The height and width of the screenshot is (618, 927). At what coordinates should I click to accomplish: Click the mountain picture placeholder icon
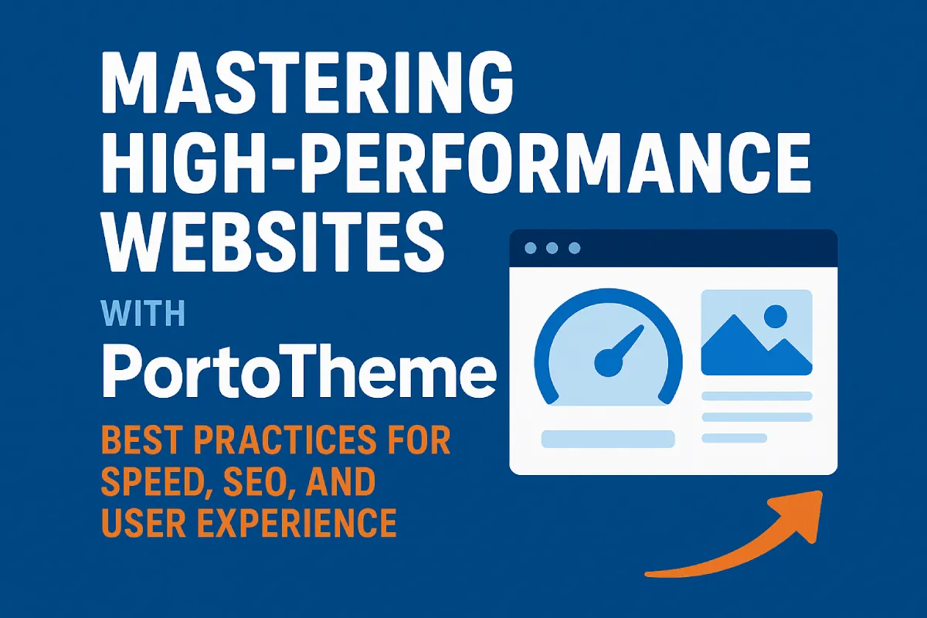[x=756, y=332]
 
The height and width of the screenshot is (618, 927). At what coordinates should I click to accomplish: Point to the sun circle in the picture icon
[x=775, y=314]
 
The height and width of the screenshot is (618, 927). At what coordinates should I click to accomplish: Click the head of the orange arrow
[x=807, y=516]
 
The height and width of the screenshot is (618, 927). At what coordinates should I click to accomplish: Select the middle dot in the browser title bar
[x=551, y=248]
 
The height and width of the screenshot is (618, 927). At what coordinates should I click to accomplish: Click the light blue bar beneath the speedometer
[x=608, y=439]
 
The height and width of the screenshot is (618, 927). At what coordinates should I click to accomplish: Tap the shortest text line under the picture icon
[x=734, y=438]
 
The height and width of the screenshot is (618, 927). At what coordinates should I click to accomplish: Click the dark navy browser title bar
[x=695, y=249]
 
